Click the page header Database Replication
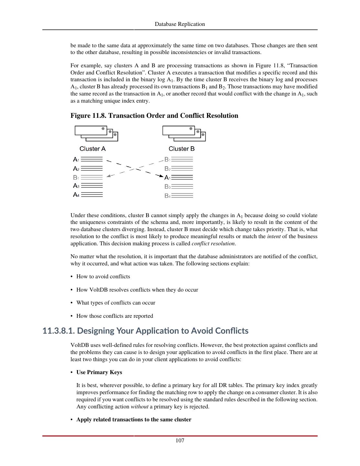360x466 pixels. [x=180, y=24]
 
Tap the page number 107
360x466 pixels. [x=180, y=440]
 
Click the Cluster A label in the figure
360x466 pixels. [x=93, y=149]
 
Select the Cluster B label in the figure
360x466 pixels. [x=181, y=149]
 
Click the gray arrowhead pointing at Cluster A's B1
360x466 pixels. [x=109, y=176]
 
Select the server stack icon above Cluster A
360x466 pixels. [x=96, y=133]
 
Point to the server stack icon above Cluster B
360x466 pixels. [x=184, y=133]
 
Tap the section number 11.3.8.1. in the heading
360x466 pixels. [x=59, y=331]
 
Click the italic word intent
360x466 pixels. [x=274, y=237]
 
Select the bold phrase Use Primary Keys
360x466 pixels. [x=99, y=372]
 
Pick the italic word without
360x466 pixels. [x=139, y=407]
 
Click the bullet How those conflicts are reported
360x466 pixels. [x=115, y=316]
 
